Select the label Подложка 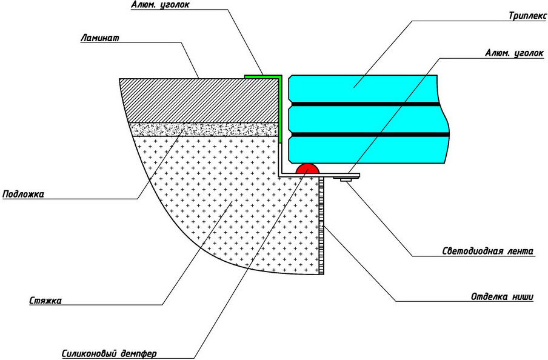pos(23,194)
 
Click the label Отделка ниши pos(502,296)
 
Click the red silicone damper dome pos(307,169)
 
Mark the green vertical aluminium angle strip pos(281,109)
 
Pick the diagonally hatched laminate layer pos(200,100)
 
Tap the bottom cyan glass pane pos(370,148)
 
